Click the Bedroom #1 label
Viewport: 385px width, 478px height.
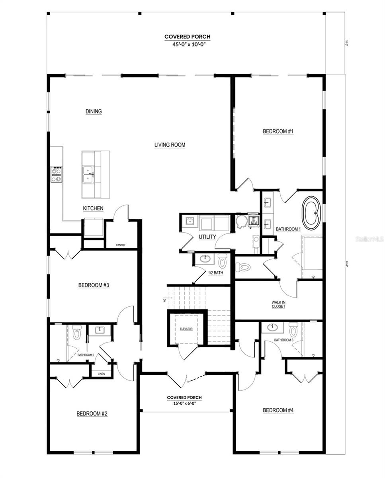(x=278, y=131)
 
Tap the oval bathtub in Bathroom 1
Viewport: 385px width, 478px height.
(x=312, y=213)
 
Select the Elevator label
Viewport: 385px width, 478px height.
(x=186, y=329)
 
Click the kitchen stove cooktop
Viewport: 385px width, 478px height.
(x=57, y=174)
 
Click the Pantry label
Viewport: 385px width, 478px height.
(x=120, y=245)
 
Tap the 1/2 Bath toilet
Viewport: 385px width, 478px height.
(x=222, y=261)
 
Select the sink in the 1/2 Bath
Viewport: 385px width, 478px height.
(x=205, y=259)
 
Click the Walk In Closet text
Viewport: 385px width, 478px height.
(x=278, y=304)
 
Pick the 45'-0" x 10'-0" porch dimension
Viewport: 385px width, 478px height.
(x=187, y=45)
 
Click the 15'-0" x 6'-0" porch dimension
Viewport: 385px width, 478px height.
(x=184, y=404)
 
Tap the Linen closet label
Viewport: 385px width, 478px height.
(x=102, y=374)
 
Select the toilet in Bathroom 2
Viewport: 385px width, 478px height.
(x=77, y=333)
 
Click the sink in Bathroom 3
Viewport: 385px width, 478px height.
(x=272, y=328)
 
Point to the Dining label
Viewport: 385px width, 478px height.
(x=94, y=112)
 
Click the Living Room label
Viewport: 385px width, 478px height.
(x=170, y=145)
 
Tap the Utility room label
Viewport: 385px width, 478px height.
(x=207, y=237)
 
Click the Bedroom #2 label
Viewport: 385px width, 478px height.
(x=92, y=414)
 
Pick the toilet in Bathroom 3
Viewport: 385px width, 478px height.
(x=293, y=330)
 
